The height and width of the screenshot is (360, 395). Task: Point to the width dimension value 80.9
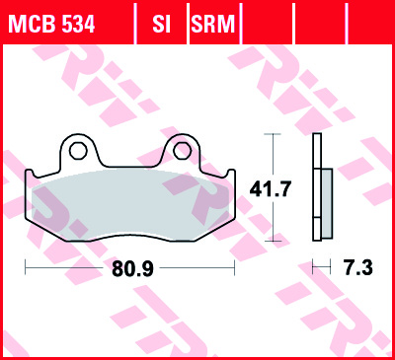pyautogui.click(x=129, y=267)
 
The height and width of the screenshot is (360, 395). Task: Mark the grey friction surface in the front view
pyautogui.click(x=128, y=202)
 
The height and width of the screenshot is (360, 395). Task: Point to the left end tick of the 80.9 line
pyautogui.click(x=24, y=267)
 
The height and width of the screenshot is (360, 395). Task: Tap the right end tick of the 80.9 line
pyautogui.click(x=235, y=267)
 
